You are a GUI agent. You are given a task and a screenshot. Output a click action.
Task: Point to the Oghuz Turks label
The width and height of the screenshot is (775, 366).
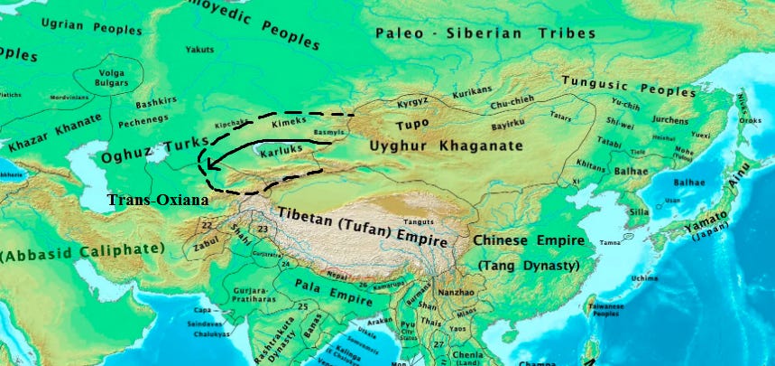(154, 149)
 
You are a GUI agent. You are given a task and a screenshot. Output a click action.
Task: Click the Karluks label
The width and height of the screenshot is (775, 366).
(280, 155)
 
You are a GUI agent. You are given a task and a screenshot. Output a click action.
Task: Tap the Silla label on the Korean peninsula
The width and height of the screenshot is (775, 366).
(639, 211)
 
